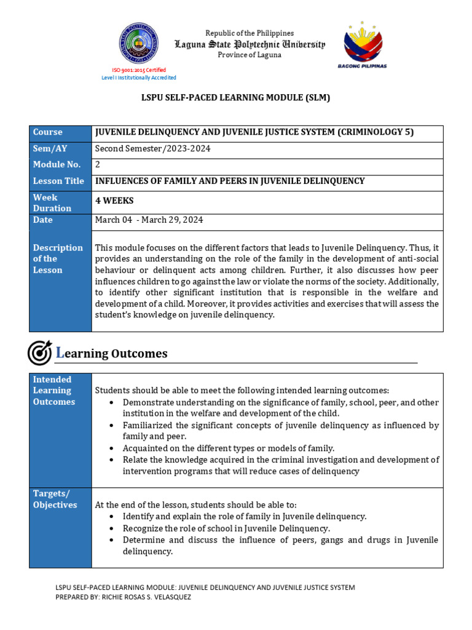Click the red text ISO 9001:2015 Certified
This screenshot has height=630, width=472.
139,70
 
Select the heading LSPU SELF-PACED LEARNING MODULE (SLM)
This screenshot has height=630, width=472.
236,98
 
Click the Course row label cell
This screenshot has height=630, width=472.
60,132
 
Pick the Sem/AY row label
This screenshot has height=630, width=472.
60,148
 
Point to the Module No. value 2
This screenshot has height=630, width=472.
98,164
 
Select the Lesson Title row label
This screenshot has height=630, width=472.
60,181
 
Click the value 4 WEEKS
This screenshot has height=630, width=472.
114,201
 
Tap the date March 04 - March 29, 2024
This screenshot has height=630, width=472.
149,220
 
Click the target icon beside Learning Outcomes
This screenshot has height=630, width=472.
40,353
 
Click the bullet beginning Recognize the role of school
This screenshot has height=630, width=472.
226,528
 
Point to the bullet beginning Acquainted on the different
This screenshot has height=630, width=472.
228,448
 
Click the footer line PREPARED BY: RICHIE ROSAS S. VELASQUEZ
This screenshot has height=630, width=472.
123,597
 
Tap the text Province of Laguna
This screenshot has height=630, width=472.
250,55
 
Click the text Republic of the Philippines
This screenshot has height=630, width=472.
250,33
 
